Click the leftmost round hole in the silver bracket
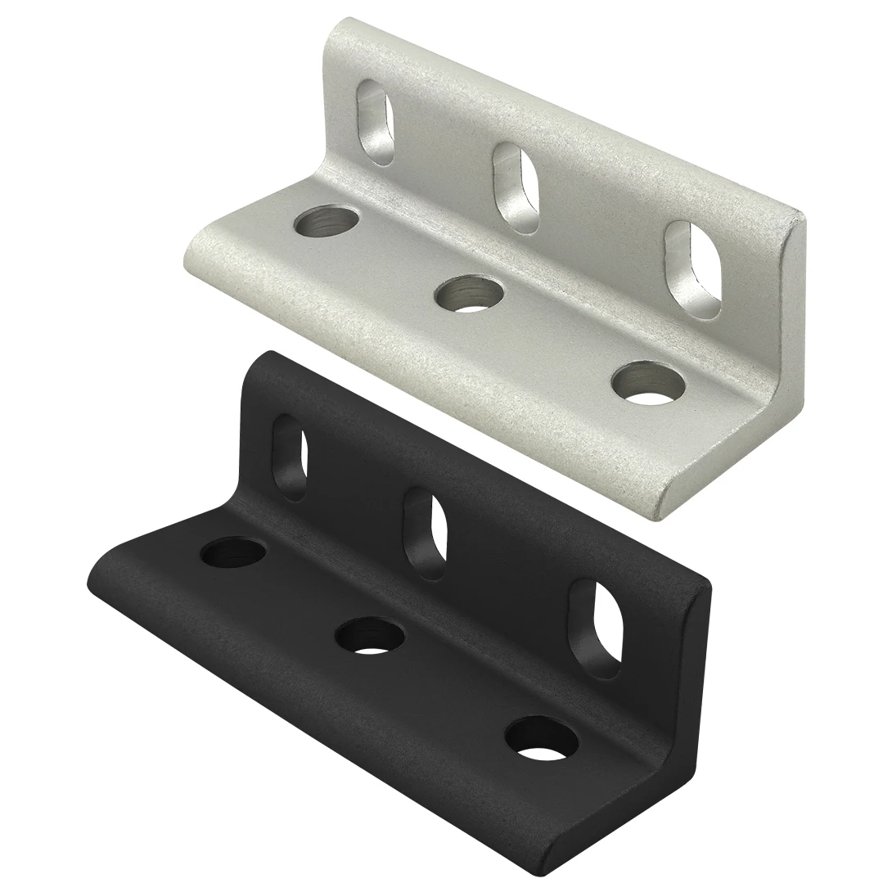point(327,222)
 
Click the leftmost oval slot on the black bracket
point(290,457)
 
